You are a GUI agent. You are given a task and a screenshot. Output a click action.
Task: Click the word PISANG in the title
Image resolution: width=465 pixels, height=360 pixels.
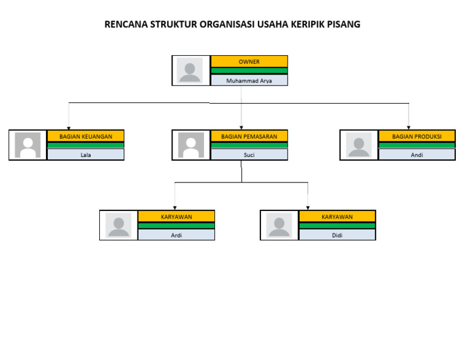pyautogui.click(x=343, y=25)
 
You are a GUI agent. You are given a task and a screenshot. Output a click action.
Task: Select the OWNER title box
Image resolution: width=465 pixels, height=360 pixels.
pyautogui.click(x=249, y=62)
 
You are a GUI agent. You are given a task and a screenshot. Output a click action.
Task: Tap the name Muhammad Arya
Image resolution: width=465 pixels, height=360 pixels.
pyautogui.click(x=249, y=80)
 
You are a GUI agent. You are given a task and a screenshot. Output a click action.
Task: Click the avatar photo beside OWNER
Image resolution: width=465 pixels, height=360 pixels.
pyautogui.click(x=190, y=70)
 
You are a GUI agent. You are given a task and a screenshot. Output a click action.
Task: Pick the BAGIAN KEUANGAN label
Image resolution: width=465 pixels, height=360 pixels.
pyautogui.click(x=85, y=136)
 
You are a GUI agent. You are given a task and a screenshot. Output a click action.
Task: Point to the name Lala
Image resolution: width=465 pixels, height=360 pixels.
pyautogui.click(x=85, y=155)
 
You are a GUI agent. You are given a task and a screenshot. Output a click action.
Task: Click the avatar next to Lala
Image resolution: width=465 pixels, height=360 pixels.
pyautogui.click(x=27, y=145)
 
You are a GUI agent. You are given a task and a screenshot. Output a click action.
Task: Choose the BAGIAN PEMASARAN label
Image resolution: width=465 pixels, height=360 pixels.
pyautogui.click(x=249, y=136)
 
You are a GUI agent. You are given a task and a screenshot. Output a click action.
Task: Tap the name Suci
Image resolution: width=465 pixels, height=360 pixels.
pyautogui.click(x=249, y=155)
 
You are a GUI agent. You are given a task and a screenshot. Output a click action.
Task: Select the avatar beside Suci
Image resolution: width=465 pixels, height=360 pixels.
pyautogui.click(x=191, y=145)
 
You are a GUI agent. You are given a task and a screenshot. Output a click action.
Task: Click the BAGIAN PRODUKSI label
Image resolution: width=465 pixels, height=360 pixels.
pyautogui.click(x=417, y=136)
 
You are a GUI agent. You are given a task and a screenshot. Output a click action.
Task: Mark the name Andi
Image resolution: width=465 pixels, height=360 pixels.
pyautogui.click(x=417, y=155)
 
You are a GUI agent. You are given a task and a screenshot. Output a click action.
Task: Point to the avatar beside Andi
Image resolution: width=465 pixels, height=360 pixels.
pyautogui.click(x=358, y=145)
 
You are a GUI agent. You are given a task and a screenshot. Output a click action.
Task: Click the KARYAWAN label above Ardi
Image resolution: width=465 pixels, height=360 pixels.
pyautogui.click(x=176, y=216)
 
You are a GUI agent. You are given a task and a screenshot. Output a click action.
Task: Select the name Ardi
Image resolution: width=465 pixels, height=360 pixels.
pyautogui.click(x=176, y=235)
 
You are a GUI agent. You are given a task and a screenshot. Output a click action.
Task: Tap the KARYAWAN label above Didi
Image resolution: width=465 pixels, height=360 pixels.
pyautogui.click(x=337, y=216)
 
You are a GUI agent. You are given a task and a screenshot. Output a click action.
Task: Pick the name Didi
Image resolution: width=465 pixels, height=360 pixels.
pyautogui.click(x=337, y=235)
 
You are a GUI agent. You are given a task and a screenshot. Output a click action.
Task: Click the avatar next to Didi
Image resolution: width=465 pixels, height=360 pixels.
pyautogui.click(x=279, y=225)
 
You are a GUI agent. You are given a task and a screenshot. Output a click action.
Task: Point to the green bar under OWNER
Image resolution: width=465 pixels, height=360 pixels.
pyautogui.click(x=249, y=71)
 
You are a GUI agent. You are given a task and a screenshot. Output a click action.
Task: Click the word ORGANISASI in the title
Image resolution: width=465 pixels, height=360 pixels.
pyautogui.click(x=223, y=25)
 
